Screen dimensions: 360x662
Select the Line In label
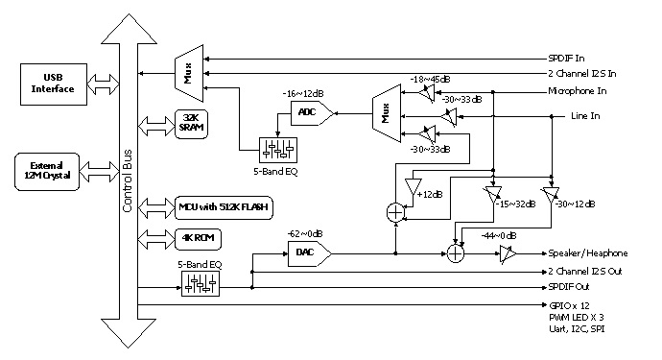point(585,116)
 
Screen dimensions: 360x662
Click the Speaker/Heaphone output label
point(586,253)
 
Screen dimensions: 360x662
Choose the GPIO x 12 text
point(565,306)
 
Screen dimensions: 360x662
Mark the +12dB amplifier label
point(431,195)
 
